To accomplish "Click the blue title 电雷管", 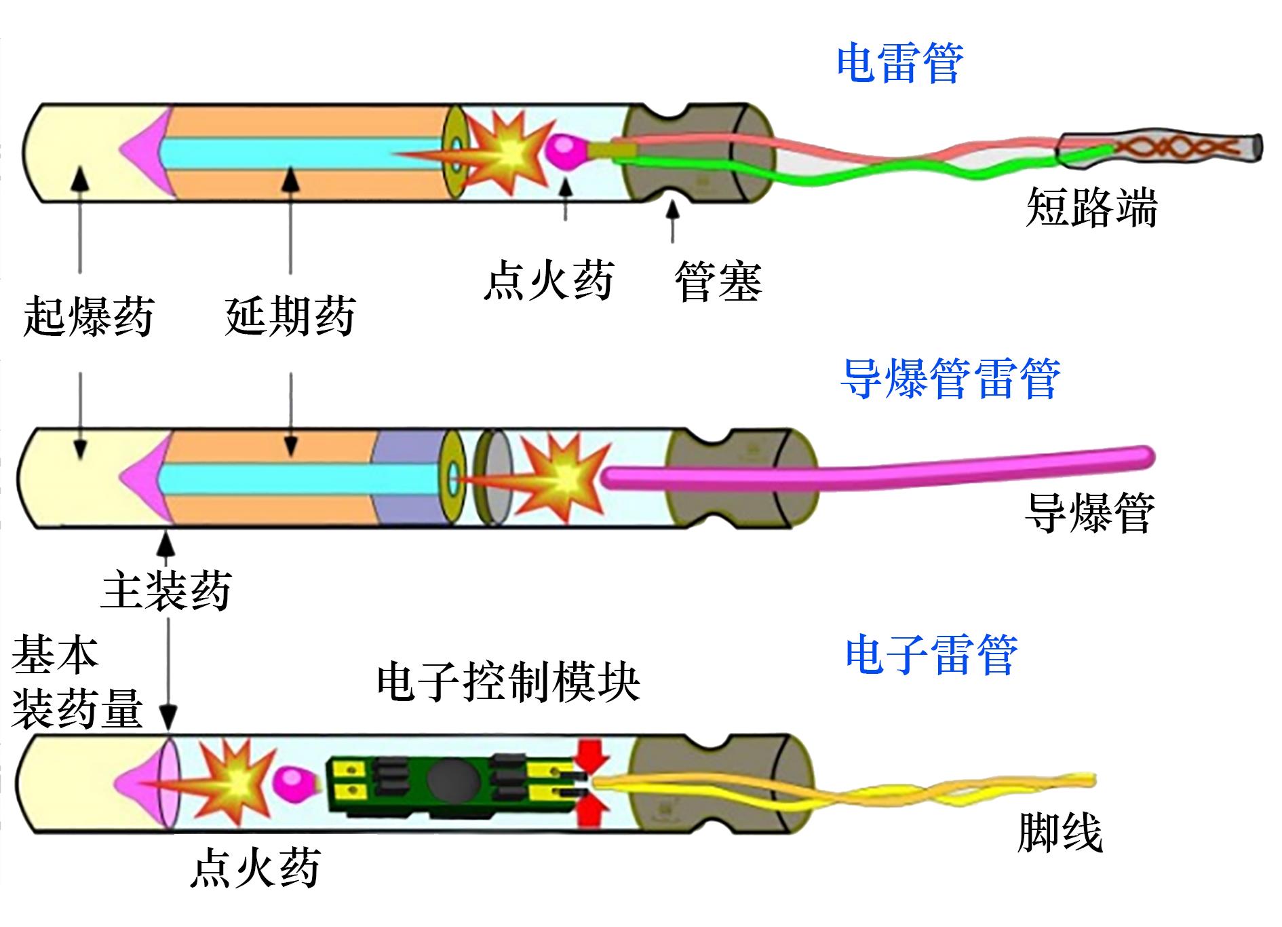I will pos(899,64).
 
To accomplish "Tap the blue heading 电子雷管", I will pos(931,655).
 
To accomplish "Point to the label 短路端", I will pos(1091,207).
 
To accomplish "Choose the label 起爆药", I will pos(88,316).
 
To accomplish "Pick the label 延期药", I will pos(290,316).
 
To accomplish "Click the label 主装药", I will pos(166,590).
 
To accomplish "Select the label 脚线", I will pos(1060,833).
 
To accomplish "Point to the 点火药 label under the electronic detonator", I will pos(254,868).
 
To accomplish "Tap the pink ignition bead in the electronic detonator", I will pos(293,782).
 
